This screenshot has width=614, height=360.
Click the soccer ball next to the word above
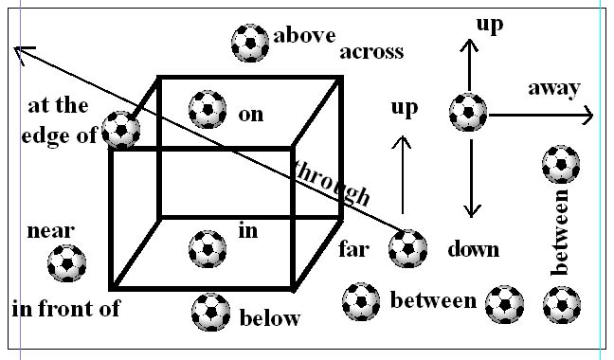click(250, 42)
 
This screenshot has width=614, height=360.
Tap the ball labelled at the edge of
click(121, 130)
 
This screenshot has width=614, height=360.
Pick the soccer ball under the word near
click(66, 262)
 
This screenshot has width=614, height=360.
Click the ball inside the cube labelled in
click(208, 249)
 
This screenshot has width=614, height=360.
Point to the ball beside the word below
click(209, 312)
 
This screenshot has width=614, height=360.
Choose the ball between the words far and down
click(407, 249)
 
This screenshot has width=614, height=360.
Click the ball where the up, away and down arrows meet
click(467, 112)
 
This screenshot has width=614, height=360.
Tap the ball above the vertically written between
click(560, 164)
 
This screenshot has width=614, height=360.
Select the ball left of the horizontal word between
click(361, 301)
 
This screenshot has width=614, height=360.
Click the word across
click(371, 51)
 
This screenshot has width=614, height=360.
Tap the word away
click(553, 88)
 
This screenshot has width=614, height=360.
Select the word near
click(51, 230)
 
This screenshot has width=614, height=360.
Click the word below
click(269, 317)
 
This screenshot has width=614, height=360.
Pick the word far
click(353, 251)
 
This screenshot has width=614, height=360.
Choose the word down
click(473, 250)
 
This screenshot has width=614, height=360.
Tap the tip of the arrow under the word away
click(591, 116)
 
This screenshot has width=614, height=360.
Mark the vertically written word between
click(560, 232)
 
